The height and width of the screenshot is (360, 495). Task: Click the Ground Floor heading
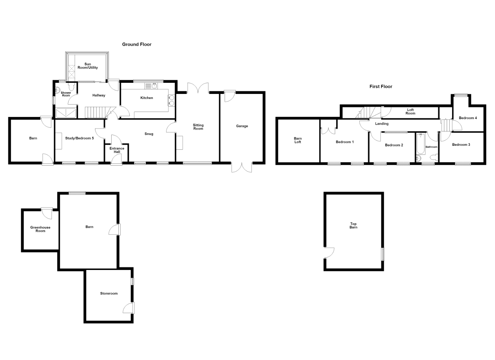137,44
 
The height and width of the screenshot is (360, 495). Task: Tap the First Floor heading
381,87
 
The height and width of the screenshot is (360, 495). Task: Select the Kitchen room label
147,98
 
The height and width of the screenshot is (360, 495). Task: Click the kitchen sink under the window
151,86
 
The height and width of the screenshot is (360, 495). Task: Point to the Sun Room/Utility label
88,66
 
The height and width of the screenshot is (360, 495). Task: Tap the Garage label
242,126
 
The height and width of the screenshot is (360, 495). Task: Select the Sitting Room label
198,127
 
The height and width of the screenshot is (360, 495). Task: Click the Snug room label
149,134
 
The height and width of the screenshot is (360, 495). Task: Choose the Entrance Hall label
117,150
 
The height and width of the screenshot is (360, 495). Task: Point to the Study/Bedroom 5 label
80,138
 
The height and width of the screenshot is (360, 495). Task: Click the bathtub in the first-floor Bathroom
420,144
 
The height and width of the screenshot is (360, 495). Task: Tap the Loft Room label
410,112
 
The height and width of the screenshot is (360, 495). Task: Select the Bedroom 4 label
468,118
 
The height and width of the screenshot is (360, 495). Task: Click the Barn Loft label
298,140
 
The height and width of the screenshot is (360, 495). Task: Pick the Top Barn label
354,225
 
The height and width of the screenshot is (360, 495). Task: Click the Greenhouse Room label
40,229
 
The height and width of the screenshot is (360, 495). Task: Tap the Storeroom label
109,293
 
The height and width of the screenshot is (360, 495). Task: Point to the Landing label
382,124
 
